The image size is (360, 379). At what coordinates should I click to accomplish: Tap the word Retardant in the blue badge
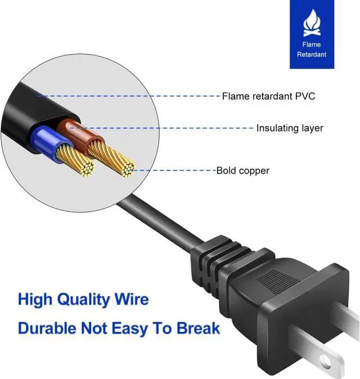click(312, 55)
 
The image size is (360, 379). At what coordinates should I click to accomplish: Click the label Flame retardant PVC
click(268, 96)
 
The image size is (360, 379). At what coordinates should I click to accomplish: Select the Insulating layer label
click(290, 128)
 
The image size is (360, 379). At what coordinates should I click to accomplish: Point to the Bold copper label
click(242, 170)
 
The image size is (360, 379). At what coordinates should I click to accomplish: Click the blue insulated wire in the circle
click(45, 141)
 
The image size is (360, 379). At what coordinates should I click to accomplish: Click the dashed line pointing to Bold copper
click(174, 169)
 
